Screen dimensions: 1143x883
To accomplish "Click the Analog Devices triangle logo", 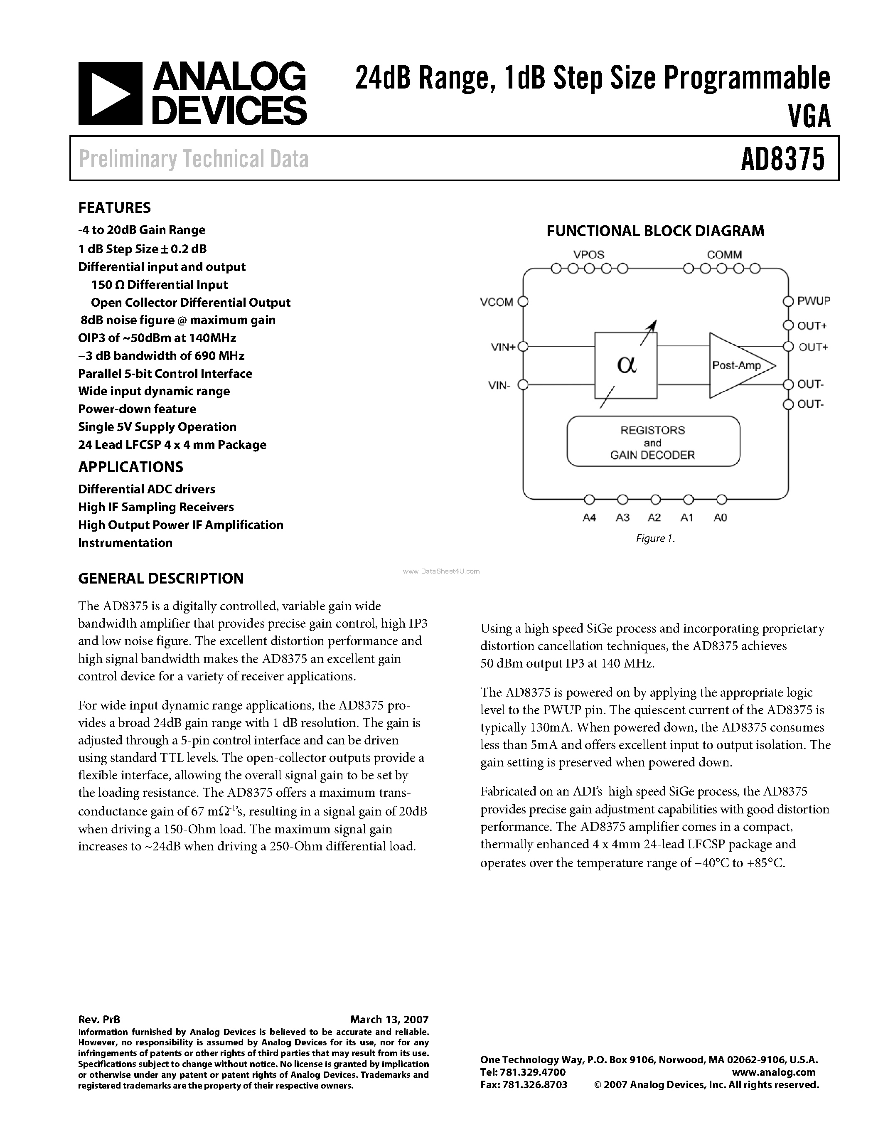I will (110, 94).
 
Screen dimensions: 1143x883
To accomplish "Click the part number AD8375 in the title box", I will (782, 159).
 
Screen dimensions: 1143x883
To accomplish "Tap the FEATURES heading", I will (115, 208).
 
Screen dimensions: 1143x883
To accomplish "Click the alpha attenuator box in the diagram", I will (626, 365).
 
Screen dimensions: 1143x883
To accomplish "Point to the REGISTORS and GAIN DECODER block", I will (653, 442).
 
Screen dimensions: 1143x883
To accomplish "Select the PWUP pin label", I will (814, 301).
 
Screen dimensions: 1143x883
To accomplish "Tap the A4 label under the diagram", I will (589, 517).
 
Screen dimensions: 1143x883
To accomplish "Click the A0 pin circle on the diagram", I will (721, 499).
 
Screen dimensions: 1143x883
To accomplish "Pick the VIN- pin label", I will (499, 386).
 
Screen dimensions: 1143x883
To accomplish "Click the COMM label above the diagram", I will (724, 255).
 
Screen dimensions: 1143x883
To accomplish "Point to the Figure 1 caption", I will (655, 539).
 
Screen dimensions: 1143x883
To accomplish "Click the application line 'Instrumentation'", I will (125, 543).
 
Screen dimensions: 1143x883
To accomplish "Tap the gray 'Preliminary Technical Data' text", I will (193, 159).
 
